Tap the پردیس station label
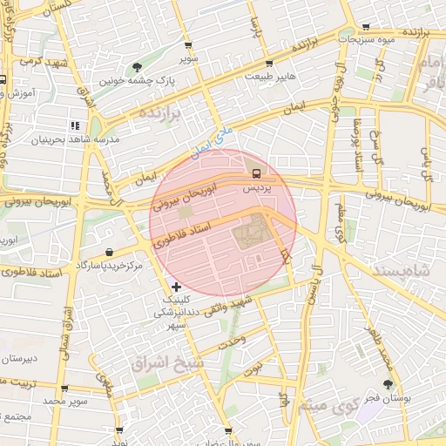coord(255,186)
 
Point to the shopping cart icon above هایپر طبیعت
coord(269,63)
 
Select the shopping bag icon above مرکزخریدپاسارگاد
coord(107,252)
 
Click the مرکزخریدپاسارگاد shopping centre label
coord(108,264)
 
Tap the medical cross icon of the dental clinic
coord(177,286)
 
